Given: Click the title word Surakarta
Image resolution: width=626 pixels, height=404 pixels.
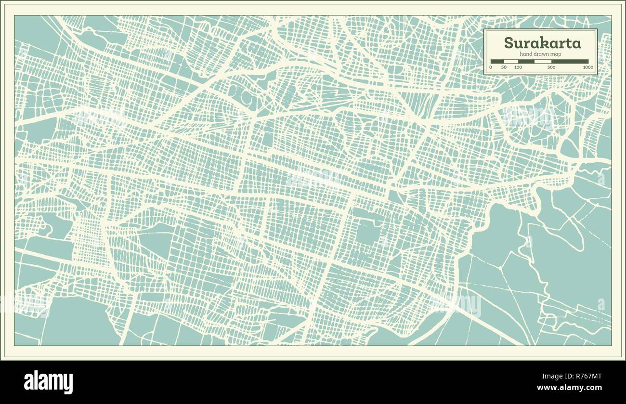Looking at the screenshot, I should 542,43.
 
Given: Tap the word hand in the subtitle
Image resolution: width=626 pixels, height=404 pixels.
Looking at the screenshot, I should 526,54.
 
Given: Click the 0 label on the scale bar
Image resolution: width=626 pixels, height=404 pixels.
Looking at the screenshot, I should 491,67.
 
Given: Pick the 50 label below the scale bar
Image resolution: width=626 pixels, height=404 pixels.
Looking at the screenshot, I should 504,67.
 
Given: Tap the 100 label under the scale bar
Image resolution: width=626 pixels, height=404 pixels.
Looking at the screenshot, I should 518,67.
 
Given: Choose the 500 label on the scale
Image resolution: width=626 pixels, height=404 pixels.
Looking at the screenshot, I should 551,67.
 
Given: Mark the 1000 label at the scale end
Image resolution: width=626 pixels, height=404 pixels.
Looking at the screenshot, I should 587,67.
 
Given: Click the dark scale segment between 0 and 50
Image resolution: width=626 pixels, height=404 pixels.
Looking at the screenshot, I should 497,62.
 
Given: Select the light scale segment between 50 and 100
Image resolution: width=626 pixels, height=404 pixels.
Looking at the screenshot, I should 511,62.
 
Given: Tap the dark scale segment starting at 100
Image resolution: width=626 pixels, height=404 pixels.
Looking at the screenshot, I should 526,62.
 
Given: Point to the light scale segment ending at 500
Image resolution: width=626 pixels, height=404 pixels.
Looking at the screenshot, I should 543,62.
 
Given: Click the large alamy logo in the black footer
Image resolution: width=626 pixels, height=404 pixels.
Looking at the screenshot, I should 48,382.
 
